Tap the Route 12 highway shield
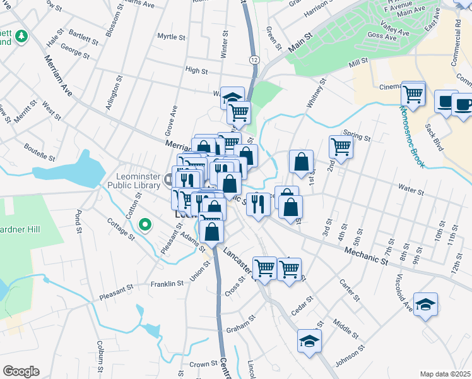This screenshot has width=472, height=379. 254,59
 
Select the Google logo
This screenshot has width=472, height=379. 21,371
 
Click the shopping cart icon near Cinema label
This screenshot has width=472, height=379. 413,94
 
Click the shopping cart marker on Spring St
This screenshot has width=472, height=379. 341,147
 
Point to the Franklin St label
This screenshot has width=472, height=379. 167,284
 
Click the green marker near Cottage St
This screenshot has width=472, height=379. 145,224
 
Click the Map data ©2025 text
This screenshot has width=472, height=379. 445,374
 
